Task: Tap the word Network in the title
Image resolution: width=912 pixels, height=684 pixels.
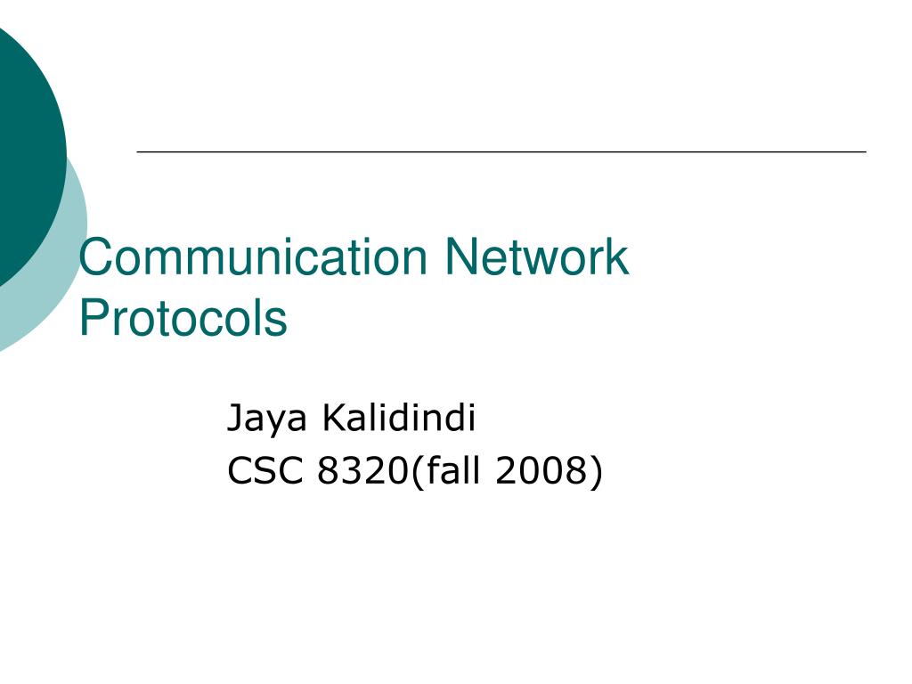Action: (537, 257)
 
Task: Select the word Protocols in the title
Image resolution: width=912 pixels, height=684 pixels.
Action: (183, 318)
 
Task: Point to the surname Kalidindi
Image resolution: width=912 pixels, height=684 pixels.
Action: (399, 417)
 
